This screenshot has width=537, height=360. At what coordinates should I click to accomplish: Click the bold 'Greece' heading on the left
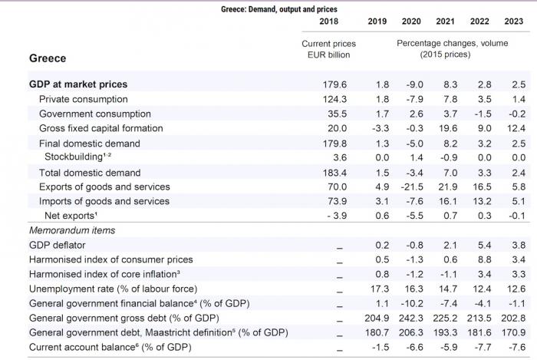48,58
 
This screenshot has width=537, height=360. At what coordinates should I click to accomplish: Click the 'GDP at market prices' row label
78,84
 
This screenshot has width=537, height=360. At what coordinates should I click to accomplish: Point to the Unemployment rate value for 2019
375,289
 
